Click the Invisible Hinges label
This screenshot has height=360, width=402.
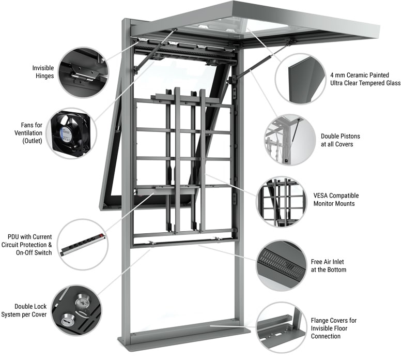click(x=43, y=72)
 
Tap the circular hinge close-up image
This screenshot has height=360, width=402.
click(x=83, y=72)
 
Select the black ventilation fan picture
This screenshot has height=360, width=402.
click(x=70, y=133)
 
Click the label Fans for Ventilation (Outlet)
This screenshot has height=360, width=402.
click(x=28, y=133)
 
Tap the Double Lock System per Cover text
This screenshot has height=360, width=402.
click(x=24, y=310)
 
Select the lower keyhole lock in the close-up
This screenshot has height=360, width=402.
click(x=68, y=320)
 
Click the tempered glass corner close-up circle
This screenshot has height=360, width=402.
click(x=301, y=79)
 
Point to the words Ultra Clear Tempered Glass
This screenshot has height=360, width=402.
click(x=365, y=83)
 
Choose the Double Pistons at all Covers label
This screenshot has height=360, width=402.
click(x=340, y=140)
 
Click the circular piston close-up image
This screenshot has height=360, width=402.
click(x=290, y=140)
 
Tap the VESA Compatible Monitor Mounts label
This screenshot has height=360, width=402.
click(x=336, y=199)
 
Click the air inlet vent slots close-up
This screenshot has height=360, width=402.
click(x=282, y=265)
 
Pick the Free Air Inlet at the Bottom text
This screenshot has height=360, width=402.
click(x=329, y=265)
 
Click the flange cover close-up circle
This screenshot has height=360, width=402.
click(x=281, y=327)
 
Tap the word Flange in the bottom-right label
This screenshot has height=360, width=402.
click(x=320, y=321)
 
